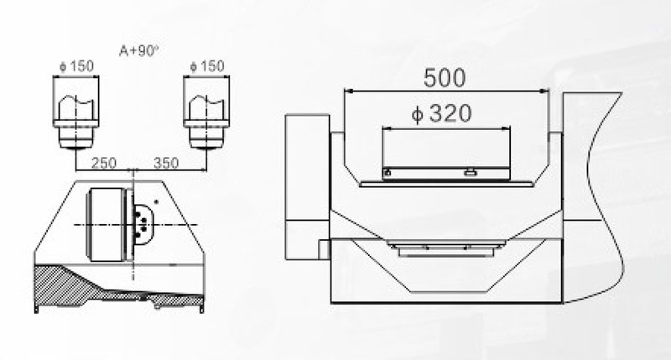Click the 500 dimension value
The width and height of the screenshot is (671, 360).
(445, 78)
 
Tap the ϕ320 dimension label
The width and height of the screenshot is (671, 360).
(441, 113)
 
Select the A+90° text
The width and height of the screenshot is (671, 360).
(138, 51)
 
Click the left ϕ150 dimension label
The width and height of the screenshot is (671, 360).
(76, 66)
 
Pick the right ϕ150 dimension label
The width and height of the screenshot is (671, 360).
(206, 66)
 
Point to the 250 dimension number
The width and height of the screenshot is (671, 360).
(104, 163)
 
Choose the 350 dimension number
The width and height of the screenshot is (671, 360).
(166, 163)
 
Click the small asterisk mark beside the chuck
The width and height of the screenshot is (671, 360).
(156, 201)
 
